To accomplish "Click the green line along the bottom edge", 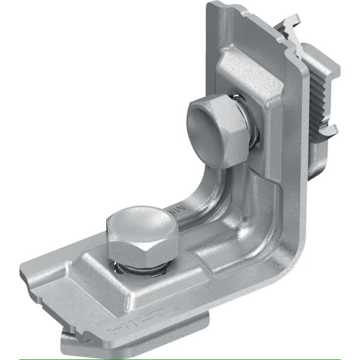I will click(x=180, y=358).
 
